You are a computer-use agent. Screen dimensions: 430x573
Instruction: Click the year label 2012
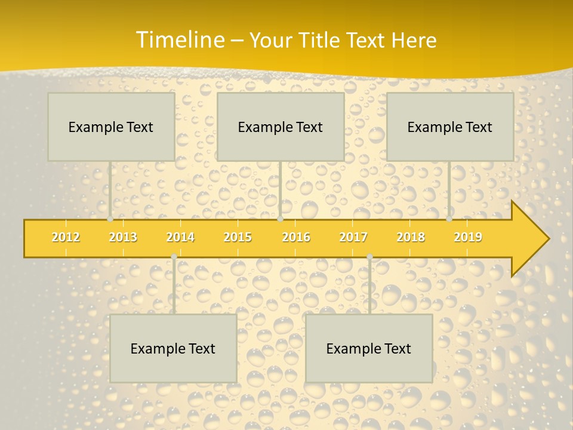coord(66,237)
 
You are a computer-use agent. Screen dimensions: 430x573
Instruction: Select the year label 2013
coord(123,237)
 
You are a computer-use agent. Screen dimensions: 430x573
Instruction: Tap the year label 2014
coord(180,237)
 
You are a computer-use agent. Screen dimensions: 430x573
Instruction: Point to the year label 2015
coord(238,237)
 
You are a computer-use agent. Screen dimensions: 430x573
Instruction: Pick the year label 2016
coord(296,237)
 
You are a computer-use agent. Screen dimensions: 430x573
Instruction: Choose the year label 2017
coord(353,237)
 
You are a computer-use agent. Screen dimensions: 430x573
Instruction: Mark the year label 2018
coord(411,237)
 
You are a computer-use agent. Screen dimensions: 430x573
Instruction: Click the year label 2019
coord(468,237)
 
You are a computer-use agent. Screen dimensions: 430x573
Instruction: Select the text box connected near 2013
coord(111,127)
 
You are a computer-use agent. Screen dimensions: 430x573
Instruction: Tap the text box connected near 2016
coord(281,127)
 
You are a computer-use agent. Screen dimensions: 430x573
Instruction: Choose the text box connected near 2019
coord(450,127)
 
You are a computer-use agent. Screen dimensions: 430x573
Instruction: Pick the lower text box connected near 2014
coord(173,348)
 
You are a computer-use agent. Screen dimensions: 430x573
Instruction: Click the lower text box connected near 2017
coord(369,348)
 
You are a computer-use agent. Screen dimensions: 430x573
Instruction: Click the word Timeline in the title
coord(179,40)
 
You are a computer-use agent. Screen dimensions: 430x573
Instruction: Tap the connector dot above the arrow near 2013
coord(110,219)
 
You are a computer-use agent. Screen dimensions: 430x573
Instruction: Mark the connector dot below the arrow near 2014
coord(174,257)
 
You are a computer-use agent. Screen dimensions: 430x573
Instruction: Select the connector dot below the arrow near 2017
coord(369,257)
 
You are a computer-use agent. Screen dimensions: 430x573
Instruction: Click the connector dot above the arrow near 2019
coord(449,219)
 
